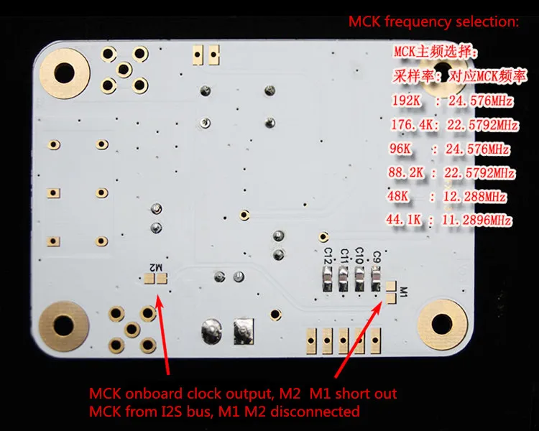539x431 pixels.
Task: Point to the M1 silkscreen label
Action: (404, 292)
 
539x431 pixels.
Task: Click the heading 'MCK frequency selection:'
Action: (433, 22)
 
